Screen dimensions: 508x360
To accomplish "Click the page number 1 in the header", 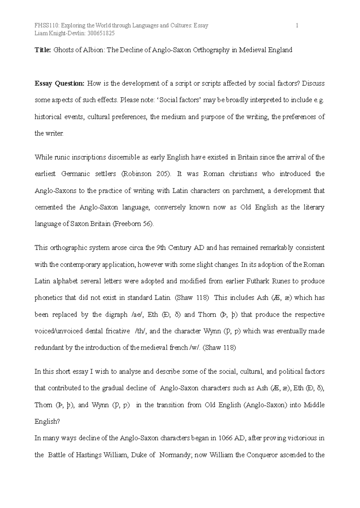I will coord(297,26).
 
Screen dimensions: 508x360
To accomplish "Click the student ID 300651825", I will coord(101,34).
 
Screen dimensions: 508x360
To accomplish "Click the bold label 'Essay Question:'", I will coord(59,83).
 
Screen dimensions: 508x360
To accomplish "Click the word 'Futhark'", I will coord(258,281).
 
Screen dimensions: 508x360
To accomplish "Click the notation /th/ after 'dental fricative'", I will coord(140,331).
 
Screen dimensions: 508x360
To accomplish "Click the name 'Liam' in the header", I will coord(41,34).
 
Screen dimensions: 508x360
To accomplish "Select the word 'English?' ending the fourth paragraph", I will coord(47,422).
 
